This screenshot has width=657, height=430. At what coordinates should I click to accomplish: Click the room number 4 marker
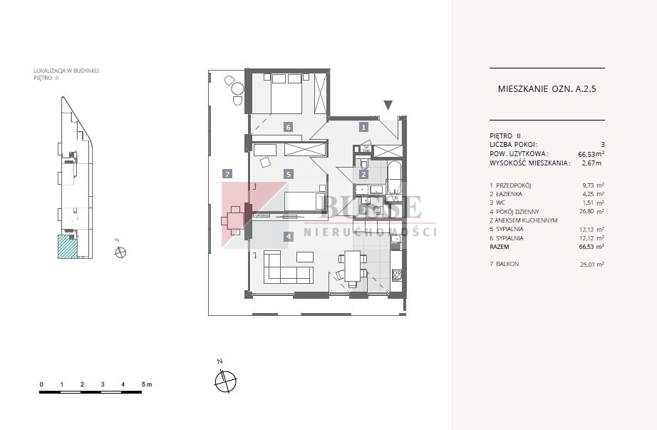click(x=289, y=237)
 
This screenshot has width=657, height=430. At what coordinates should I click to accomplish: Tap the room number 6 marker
click(x=288, y=127)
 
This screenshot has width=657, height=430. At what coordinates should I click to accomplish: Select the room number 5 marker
click(x=288, y=174)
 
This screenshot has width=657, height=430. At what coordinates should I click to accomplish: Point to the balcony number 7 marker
click(x=227, y=174)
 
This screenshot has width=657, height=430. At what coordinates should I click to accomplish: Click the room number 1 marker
click(x=363, y=127)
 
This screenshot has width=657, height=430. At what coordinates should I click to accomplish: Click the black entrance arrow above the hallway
click(x=388, y=105)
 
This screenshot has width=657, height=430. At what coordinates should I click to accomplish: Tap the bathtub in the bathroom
click(x=395, y=181)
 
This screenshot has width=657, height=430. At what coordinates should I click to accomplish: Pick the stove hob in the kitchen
click(x=396, y=275)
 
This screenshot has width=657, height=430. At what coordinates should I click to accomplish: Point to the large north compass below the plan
click(x=225, y=381)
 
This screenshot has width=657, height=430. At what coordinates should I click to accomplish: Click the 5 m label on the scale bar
click(x=147, y=384)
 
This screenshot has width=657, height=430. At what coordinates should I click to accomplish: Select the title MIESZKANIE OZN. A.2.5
click(x=547, y=88)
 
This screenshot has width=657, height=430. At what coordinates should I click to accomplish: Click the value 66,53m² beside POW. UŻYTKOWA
click(x=591, y=154)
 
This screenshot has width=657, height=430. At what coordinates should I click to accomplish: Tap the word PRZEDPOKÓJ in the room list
click(x=513, y=185)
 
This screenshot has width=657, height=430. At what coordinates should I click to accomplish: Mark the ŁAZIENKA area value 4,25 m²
click(x=594, y=194)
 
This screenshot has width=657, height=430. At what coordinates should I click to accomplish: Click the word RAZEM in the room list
click(x=500, y=247)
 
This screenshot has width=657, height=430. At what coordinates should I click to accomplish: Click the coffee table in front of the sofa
click(x=305, y=257)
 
